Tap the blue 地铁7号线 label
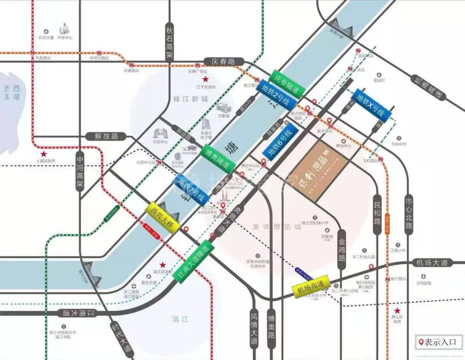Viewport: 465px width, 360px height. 192,189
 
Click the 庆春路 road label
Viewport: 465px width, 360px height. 223,62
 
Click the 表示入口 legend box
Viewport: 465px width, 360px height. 438,342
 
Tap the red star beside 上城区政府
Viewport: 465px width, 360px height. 43,154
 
